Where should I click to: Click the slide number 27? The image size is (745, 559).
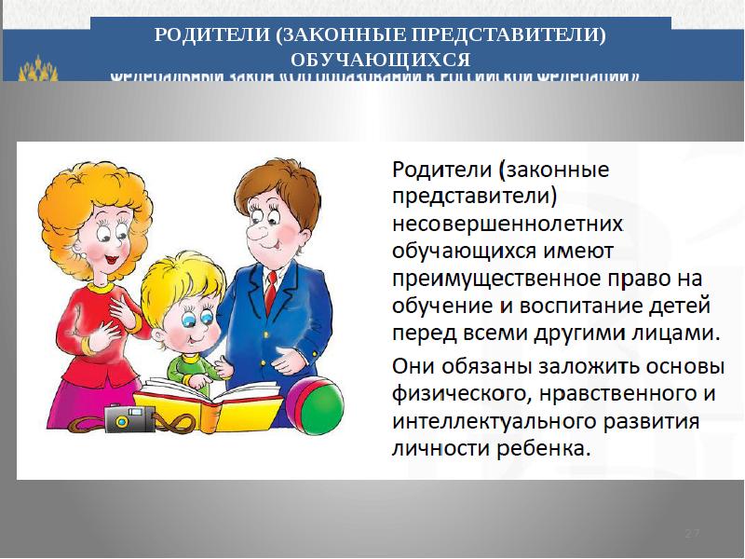(692, 532)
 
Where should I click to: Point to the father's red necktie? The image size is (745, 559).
(270, 291)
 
